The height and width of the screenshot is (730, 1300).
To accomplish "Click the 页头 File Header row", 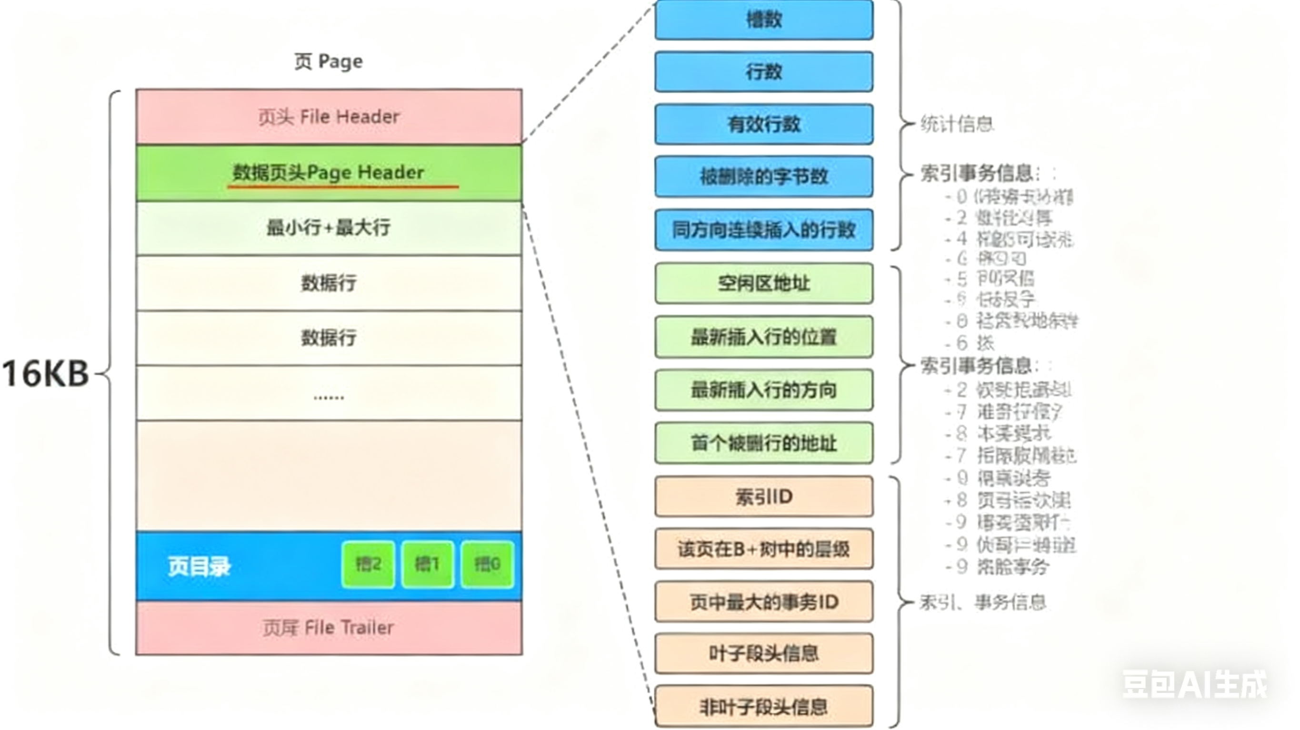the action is tap(329, 117).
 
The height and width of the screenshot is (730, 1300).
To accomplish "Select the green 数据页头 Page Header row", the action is tap(329, 173).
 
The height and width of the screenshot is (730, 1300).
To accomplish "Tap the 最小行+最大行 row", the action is tap(329, 228).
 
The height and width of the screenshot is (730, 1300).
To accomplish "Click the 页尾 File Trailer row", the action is tap(329, 628).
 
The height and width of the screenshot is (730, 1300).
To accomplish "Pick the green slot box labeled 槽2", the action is tap(368, 564).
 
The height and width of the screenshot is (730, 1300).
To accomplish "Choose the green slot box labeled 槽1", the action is tap(427, 564).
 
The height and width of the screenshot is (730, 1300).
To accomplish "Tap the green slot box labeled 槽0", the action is tap(487, 564).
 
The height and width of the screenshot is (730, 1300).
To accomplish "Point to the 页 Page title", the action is tap(329, 61).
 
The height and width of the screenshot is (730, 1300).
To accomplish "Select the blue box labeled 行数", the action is tap(763, 72).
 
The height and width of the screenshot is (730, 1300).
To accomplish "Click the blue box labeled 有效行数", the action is tap(763, 124).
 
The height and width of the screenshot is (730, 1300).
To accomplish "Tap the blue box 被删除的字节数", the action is tap(763, 176).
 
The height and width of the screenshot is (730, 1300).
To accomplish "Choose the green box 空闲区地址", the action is tap(763, 283).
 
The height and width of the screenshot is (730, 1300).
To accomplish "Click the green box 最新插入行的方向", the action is tap(763, 389).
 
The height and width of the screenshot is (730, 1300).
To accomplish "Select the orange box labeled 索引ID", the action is tap(763, 497).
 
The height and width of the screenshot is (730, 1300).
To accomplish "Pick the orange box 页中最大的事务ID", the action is tap(763, 602).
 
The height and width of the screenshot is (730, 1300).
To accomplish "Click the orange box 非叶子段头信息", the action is tap(763, 707).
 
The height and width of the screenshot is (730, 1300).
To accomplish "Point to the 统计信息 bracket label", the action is tap(956, 124).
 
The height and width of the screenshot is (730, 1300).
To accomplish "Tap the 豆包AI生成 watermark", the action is tap(1194, 684).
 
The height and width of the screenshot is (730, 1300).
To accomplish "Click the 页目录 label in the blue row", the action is tap(200, 566).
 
